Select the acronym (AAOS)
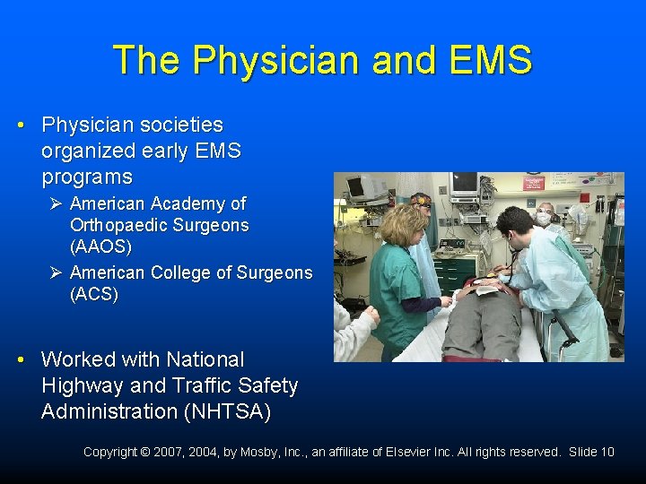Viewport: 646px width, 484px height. point(100,246)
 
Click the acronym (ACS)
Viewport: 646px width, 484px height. point(93,294)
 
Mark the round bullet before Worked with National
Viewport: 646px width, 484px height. point(21,359)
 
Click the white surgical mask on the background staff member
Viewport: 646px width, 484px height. point(544,219)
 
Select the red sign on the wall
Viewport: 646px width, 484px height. point(535,183)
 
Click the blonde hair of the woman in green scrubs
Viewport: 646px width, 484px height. point(404,225)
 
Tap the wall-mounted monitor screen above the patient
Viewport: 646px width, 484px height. point(464,183)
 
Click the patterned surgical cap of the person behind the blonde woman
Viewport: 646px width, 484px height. point(420,199)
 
